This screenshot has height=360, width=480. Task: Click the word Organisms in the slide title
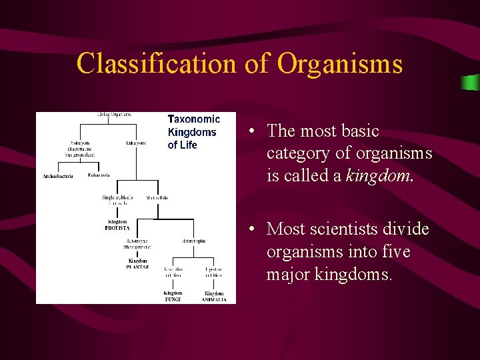click(x=340, y=64)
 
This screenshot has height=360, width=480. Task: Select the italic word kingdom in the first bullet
click(x=379, y=175)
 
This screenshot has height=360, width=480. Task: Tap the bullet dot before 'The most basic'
click(x=251, y=131)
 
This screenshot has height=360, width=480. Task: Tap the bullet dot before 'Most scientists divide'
click(x=251, y=229)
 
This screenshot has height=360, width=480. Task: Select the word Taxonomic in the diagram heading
click(x=193, y=119)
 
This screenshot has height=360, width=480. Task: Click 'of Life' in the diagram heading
click(x=182, y=145)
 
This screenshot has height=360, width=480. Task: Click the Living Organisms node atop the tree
click(x=114, y=115)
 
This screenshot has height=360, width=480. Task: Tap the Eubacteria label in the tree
click(x=99, y=175)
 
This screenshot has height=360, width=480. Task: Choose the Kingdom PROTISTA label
click(x=117, y=225)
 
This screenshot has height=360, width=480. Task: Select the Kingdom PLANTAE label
click(x=137, y=264)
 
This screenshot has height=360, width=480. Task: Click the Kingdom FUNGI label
click(x=173, y=296)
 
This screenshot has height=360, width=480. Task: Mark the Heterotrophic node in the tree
click(x=193, y=240)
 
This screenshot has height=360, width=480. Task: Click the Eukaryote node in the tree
click(x=136, y=143)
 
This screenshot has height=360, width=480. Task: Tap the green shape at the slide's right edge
click(x=471, y=83)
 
